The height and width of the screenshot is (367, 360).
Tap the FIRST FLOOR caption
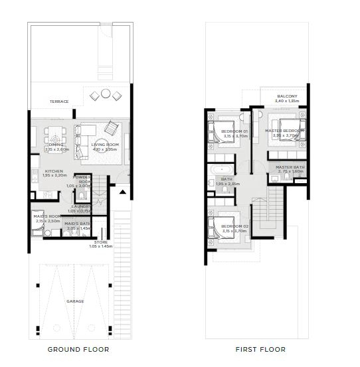pyautogui.click(x=260, y=349)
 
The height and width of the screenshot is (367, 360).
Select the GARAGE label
pyautogui.click(x=75, y=301)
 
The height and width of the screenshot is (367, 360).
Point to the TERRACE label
pyautogui.click(x=60, y=102)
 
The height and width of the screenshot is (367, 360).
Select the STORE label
pyautogui.click(x=102, y=242)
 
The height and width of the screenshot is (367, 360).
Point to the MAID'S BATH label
pyautogui.click(x=77, y=224)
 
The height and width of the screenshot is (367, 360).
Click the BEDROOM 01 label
pyautogui.click(x=234, y=131)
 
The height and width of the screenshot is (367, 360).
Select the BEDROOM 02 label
pyautogui.click(x=234, y=227)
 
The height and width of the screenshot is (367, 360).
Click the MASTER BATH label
pyautogui.click(x=290, y=167)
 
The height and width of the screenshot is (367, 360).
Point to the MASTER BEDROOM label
pyautogui.click(x=284, y=131)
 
